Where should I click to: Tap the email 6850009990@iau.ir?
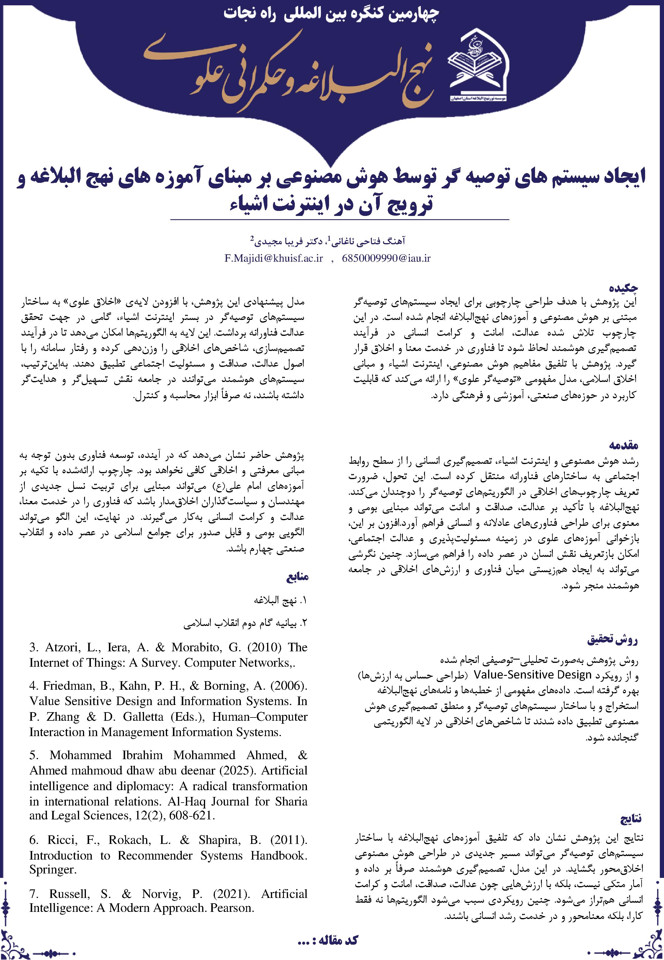click(386, 258)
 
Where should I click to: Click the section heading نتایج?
click(630, 819)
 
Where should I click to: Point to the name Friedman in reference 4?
click(66, 686)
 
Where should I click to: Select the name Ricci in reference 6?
click(62, 840)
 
